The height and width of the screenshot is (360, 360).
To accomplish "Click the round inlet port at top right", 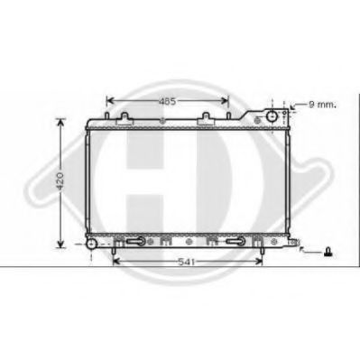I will click(270, 118).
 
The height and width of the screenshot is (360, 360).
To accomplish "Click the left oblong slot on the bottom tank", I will click(134, 242).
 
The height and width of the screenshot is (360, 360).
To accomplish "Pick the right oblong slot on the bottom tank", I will click(238, 242).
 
